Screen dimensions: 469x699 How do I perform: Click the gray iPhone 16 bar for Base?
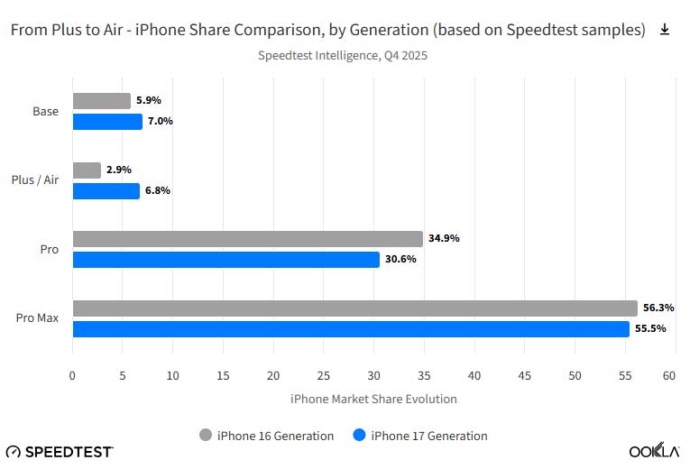point(101,101)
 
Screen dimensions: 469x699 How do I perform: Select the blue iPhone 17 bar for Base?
point(107,122)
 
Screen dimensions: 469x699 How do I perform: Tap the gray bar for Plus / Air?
point(87,170)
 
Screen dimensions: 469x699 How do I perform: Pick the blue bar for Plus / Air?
point(106,191)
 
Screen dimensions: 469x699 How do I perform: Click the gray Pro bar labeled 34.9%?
point(247,239)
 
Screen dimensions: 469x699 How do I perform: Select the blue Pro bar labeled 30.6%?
point(225,260)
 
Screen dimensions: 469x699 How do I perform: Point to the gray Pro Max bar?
point(354,308)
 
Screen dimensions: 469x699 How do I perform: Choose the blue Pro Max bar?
point(351,329)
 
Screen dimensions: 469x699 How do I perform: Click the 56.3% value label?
point(658,308)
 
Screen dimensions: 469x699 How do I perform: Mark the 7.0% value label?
point(161,122)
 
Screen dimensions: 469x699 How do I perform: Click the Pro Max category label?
point(37,318)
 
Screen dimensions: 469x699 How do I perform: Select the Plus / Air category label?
point(38,180)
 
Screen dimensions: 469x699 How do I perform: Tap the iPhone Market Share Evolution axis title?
point(373,399)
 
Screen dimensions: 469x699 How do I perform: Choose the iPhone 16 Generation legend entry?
point(266,436)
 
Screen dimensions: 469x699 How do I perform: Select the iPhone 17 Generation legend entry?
point(420,436)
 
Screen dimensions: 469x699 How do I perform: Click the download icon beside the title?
point(665,30)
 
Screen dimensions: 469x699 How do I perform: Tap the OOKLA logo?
point(654,450)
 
